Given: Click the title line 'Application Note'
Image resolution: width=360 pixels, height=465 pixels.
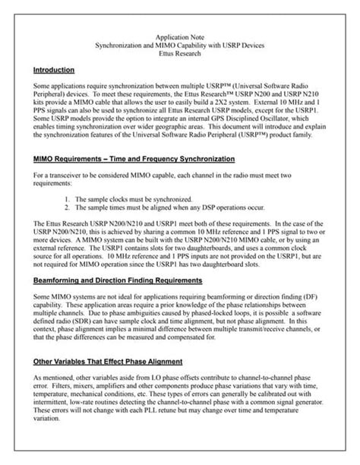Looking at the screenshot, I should pos(180,36).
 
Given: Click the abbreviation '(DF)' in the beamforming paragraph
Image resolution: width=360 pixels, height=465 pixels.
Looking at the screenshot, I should pos(320,296).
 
